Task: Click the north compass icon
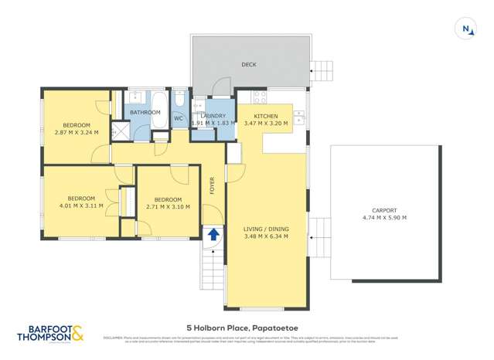click(x=467, y=29)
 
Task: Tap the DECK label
click(x=249, y=65)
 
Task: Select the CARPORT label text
click(x=383, y=210)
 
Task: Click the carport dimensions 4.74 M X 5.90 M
click(x=383, y=218)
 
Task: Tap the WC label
click(x=178, y=118)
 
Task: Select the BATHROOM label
click(x=145, y=113)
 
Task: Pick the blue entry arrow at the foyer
click(x=213, y=233)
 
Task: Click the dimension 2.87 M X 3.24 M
click(x=77, y=132)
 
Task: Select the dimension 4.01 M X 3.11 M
click(x=80, y=205)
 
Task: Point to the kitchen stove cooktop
click(x=258, y=98)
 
